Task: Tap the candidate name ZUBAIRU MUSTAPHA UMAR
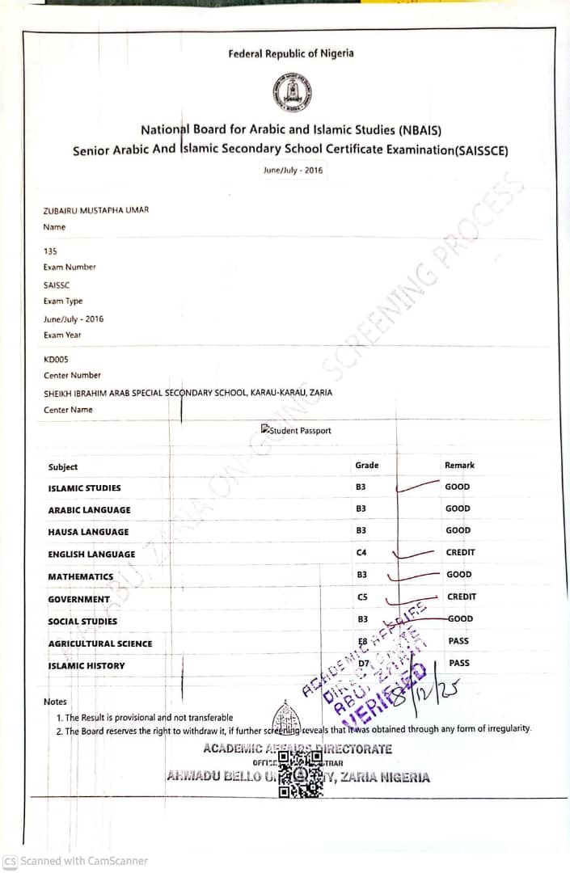(x=95, y=210)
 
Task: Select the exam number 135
(x=50, y=251)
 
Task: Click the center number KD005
(x=57, y=359)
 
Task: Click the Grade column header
(x=366, y=466)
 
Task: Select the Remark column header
(x=459, y=466)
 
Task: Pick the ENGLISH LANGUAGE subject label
(x=91, y=555)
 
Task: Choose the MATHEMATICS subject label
(x=81, y=577)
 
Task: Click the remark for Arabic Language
(x=457, y=509)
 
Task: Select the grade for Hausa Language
(x=361, y=531)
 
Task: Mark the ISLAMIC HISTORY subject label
(x=87, y=666)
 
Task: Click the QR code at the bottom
(x=301, y=772)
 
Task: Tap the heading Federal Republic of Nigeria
(x=290, y=54)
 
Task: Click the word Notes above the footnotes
(x=55, y=702)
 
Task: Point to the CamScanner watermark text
(x=76, y=861)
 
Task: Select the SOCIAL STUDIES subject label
(x=82, y=622)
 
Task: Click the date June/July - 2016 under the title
(x=292, y=171)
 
